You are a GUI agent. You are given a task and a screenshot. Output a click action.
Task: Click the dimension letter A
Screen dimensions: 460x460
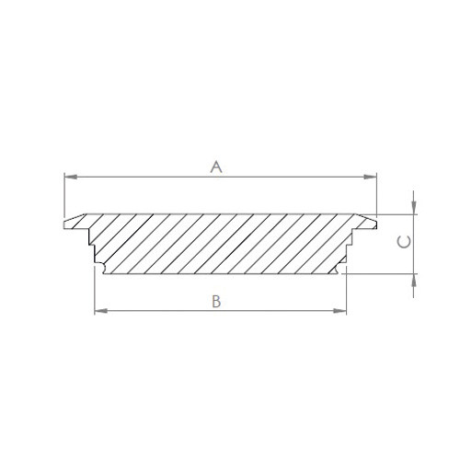[216, 167]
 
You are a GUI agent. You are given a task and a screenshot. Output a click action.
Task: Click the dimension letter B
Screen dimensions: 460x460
[216, 302]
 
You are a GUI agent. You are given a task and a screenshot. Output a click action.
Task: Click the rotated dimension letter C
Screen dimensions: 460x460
[404, 242]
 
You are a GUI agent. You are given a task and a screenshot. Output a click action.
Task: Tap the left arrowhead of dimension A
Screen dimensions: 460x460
[71, 177]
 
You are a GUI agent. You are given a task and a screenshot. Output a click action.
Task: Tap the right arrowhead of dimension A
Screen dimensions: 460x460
[370, 177]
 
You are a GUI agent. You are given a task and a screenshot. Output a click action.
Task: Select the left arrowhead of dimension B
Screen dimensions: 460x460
[101, 311]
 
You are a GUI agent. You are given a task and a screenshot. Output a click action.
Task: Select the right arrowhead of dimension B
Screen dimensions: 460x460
[339, 311]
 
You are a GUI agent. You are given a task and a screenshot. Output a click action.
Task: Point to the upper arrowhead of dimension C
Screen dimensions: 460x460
[414, 208]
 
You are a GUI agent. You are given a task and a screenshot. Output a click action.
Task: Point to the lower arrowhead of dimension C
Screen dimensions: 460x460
[414, 280]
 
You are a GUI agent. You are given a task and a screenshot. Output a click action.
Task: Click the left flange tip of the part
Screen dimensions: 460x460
[64, 224]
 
